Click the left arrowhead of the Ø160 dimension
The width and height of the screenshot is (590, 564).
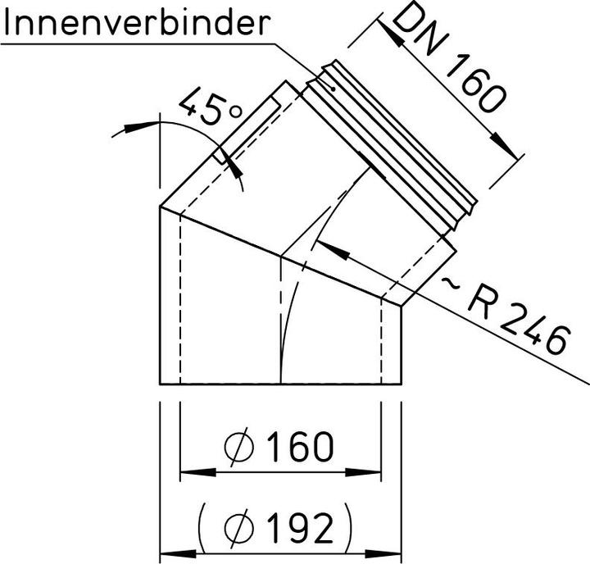click(189, 473)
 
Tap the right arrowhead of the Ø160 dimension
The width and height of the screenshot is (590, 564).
click(372, 473)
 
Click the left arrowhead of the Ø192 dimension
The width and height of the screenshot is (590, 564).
click(169, 552)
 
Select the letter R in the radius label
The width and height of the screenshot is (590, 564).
click(484, 306)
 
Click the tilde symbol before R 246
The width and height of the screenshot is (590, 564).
click(453, 286)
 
